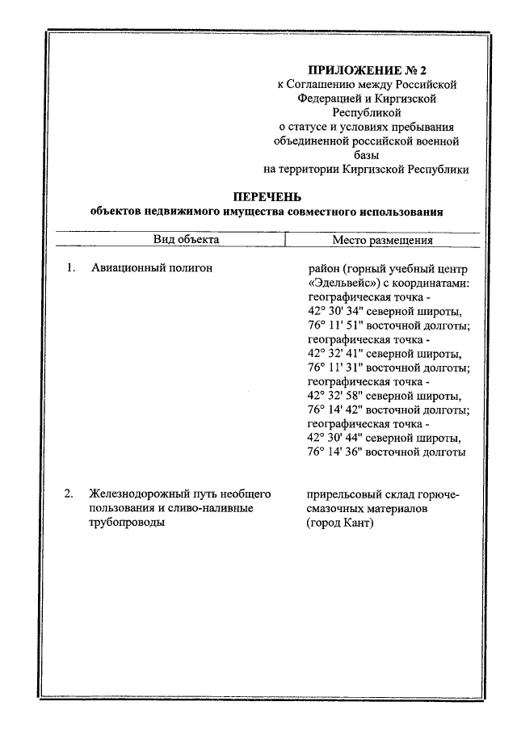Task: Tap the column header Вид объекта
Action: pyautogui.click(x=187, y=240)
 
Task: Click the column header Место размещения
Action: pyautogui.click(x=382, y=240)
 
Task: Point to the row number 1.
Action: pyautogui.click(x=70, y=268)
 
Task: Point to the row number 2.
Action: pyautogui.click(x=70, y=494)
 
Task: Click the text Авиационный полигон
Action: pyautogui.click(x=151, y=268)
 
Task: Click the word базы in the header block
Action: pyautogui.click(x=366, y=154)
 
